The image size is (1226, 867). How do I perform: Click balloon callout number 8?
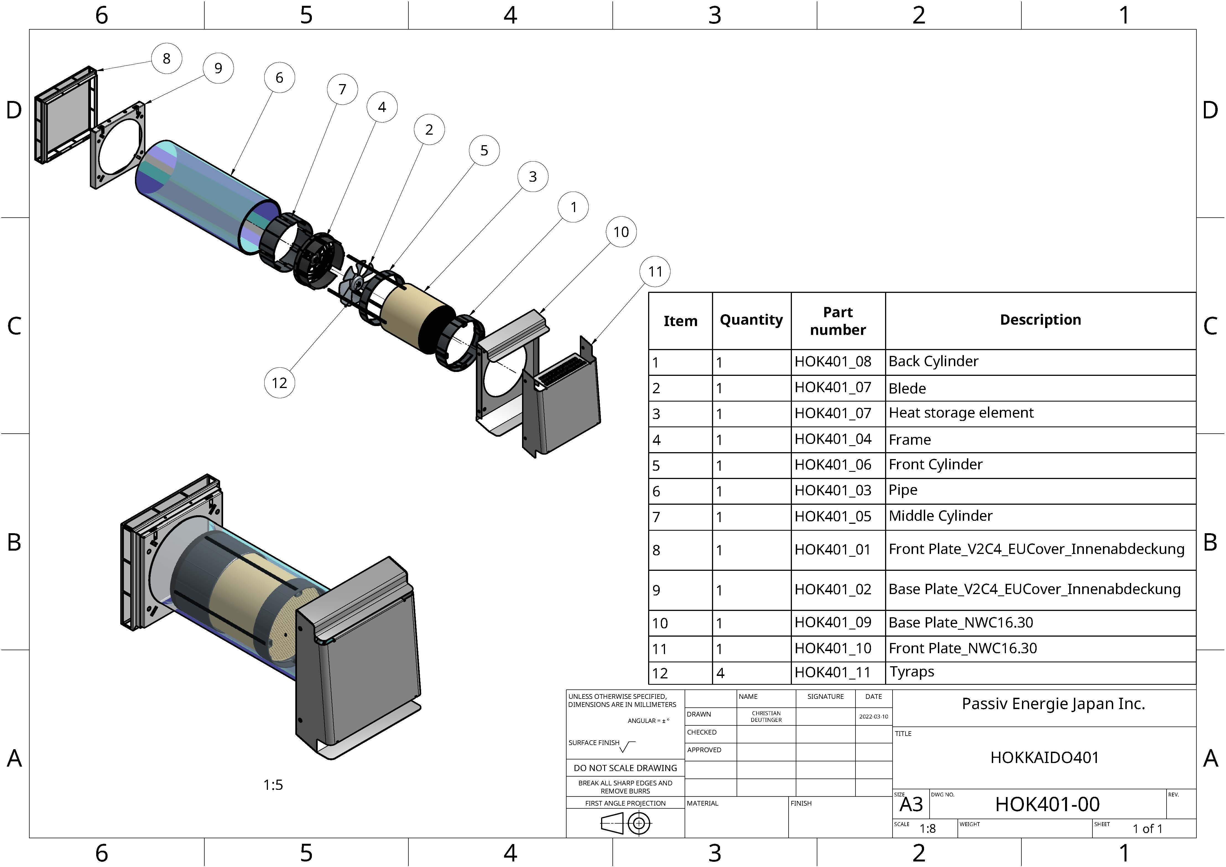[167, 58]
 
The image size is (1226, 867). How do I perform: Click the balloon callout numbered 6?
[279, 78]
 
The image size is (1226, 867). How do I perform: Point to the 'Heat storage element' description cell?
[961, 413]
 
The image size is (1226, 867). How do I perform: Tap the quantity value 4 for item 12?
[720, 673]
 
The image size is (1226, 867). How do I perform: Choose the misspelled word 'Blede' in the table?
[907, 388]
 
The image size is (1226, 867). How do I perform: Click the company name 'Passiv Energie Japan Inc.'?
[1053, 704]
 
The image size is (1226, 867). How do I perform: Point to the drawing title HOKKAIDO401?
[1044, 757]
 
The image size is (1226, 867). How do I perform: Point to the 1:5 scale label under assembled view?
[273, 785]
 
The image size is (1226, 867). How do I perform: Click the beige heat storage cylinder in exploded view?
[416, 315]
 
